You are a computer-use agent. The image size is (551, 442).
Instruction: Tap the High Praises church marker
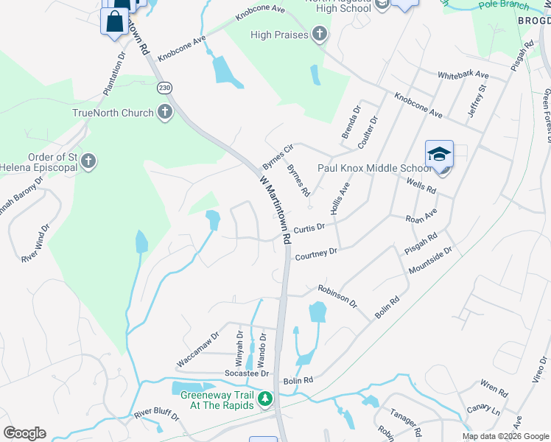click(x=319, y=34)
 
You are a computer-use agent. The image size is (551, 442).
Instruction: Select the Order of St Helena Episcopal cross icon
click(x=88, y=161)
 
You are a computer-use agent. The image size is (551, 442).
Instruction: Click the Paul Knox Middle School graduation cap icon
click(x=439, y=156)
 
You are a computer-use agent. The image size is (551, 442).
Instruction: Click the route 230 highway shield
click(x=164, y=88)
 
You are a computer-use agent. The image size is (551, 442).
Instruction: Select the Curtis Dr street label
click(x=309, y=229)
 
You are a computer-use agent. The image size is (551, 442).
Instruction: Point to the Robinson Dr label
click(x=337, y=297)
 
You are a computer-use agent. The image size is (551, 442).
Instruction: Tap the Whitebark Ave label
click(x=463, y=75)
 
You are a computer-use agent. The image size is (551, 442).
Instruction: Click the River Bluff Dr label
click(x=156, y=413)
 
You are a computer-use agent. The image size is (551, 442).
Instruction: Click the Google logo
click(x=24, y=433)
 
